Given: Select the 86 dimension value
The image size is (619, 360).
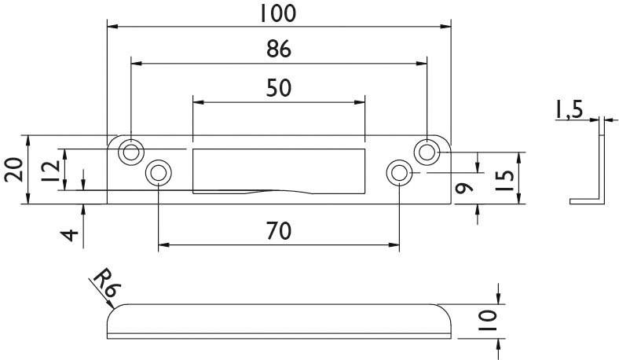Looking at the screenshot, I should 278,49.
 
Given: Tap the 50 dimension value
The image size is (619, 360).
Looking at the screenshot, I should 278,87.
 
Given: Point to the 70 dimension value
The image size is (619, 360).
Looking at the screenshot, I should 278,231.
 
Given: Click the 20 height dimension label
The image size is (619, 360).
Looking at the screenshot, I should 13,170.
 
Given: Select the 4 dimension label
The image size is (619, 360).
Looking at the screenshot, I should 71,234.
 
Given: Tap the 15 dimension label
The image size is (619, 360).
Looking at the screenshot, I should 507,179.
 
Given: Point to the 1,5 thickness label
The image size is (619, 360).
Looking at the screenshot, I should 568,110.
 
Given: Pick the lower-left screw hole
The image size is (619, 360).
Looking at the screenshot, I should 159,172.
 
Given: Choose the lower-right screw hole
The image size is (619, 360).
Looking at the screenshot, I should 399,172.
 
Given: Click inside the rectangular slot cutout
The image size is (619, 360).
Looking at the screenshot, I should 278,167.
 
